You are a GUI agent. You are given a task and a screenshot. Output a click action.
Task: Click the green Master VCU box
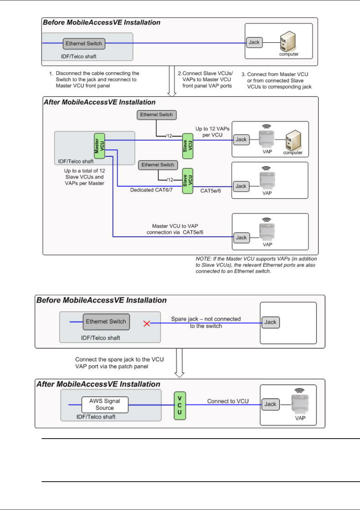click(x=99, y=146)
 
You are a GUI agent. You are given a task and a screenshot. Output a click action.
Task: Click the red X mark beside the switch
click(x=147, y=323)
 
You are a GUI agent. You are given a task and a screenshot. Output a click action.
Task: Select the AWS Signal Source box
click(x=105, y=405)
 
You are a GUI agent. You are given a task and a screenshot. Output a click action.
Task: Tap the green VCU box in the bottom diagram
click(x=180, y=405)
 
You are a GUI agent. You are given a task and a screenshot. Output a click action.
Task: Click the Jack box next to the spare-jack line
click(x=271, y=322)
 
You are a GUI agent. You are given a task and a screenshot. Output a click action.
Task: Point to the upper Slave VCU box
click(x=188, y=146)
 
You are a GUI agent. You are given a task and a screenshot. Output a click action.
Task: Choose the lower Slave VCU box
click(x=188, y=181)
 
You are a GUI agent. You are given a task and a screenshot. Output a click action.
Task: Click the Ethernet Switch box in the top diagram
click(x=84, y=43)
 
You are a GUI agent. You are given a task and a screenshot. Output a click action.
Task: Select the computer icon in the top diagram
click(x=288, y=41)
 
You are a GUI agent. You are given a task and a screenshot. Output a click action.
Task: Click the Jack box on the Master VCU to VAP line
click(x=241, y=238)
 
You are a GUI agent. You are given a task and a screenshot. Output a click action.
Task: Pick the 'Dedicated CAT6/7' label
click(x=151, y=190)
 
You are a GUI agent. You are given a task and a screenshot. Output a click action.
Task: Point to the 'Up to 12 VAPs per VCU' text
click(x=212, y=132)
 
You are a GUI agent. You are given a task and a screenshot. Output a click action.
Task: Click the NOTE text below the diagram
click(x=256, y=265)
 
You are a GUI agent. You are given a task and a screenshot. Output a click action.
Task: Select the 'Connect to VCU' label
click(x=228, y=401)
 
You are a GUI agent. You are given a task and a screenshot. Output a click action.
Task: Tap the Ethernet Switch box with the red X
click(x=106, y=322)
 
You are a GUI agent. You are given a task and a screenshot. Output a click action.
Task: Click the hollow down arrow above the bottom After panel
click(x=179, y=363)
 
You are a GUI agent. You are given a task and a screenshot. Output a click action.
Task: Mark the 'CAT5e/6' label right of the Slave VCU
click(x=211, y=191)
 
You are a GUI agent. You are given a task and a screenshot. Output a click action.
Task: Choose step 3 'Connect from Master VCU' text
click(x=277, y=80)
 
